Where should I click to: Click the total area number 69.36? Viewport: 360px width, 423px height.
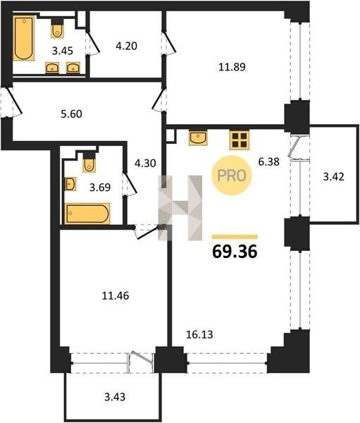click(235, 252)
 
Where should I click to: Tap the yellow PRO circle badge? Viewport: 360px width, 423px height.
click(231, 176)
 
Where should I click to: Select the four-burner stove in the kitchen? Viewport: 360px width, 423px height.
click(240, 140)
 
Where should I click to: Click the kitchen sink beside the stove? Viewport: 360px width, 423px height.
click(198, 137)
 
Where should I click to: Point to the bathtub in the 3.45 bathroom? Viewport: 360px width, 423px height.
click(24, 38)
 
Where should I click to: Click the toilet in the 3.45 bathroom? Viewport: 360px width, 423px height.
click(58, 28)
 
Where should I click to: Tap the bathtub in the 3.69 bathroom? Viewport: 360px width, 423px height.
click(87, 214)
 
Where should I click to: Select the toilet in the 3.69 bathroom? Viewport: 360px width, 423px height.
click(89, 162)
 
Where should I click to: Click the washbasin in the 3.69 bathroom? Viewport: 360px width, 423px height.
click(70, 184)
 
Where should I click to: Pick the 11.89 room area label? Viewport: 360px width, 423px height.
click(232, 67)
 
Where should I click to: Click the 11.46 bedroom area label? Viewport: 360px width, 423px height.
click(116, 296)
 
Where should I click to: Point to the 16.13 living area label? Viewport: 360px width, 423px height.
click(199, 334)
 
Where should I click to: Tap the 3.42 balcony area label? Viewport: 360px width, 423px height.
click(333, 177)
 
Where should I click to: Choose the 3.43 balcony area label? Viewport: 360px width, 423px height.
click(115, 397)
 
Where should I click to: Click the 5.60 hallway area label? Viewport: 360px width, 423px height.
click(71, 114)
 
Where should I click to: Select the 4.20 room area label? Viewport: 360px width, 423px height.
click(127, 46)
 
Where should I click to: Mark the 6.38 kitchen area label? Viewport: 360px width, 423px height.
click(268, 162)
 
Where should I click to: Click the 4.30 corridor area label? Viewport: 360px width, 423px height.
click(145, 164)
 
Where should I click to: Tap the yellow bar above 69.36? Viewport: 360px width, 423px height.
click(235, 237)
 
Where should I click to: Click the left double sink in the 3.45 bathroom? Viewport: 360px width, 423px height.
click(52, 68)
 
